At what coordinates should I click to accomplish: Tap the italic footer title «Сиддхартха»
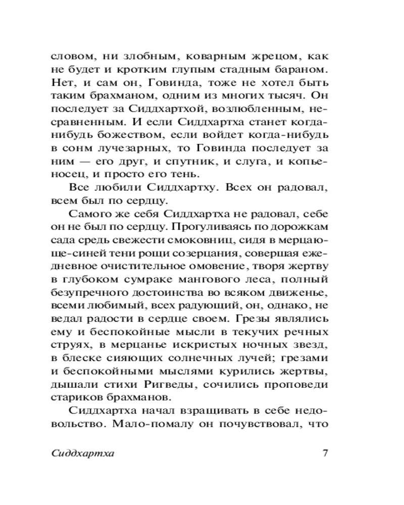click(x=82, y=452)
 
